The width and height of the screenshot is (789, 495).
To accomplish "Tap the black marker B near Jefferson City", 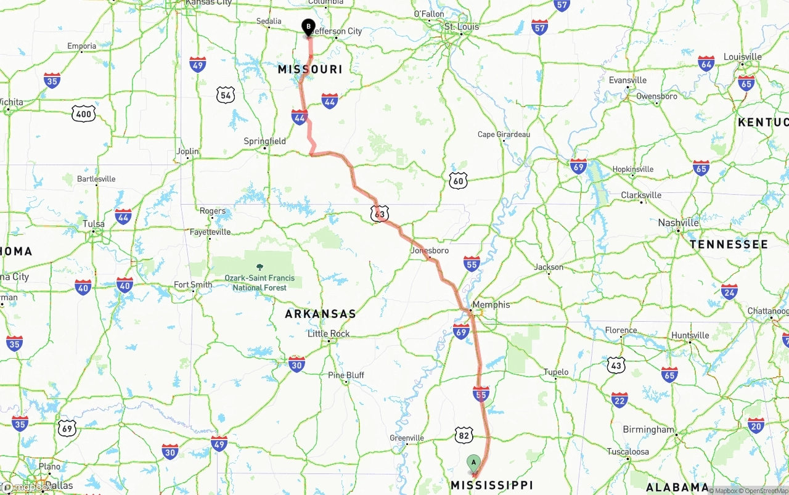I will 308,27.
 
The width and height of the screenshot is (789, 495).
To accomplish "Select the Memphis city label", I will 491,305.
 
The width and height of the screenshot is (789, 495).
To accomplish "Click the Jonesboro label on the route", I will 430,251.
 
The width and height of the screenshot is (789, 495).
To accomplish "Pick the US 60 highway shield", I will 458,181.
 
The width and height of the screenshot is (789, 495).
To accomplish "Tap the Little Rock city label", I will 329,333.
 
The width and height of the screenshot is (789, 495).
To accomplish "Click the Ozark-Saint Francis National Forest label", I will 260,282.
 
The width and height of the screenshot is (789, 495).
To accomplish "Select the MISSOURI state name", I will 310,70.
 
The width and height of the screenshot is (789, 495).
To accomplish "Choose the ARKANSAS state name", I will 321,314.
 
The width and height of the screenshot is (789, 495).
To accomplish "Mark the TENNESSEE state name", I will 729,245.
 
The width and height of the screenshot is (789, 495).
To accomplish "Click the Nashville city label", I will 678,223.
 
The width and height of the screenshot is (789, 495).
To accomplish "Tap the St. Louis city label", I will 462,27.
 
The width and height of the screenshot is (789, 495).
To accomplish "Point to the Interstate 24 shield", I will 729,291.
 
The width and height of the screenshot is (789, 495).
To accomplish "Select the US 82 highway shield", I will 464,435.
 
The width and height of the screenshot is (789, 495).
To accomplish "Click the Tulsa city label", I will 94,224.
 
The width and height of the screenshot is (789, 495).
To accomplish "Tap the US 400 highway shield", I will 83,113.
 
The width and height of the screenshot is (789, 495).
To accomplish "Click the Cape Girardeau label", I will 504,134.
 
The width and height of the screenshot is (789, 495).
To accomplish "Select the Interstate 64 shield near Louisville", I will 706,63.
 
